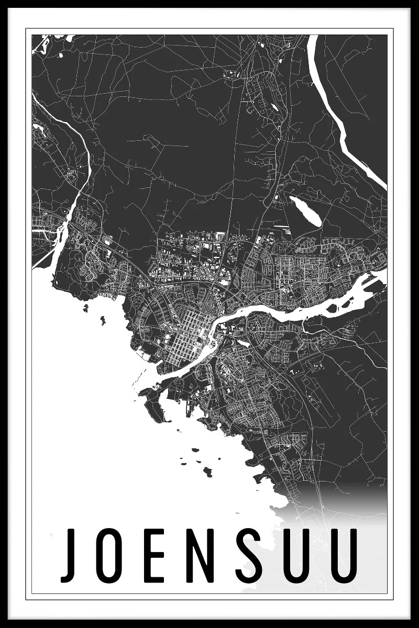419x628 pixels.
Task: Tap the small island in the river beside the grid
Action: (213, 344)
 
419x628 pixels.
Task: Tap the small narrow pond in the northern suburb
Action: (273, 107)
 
